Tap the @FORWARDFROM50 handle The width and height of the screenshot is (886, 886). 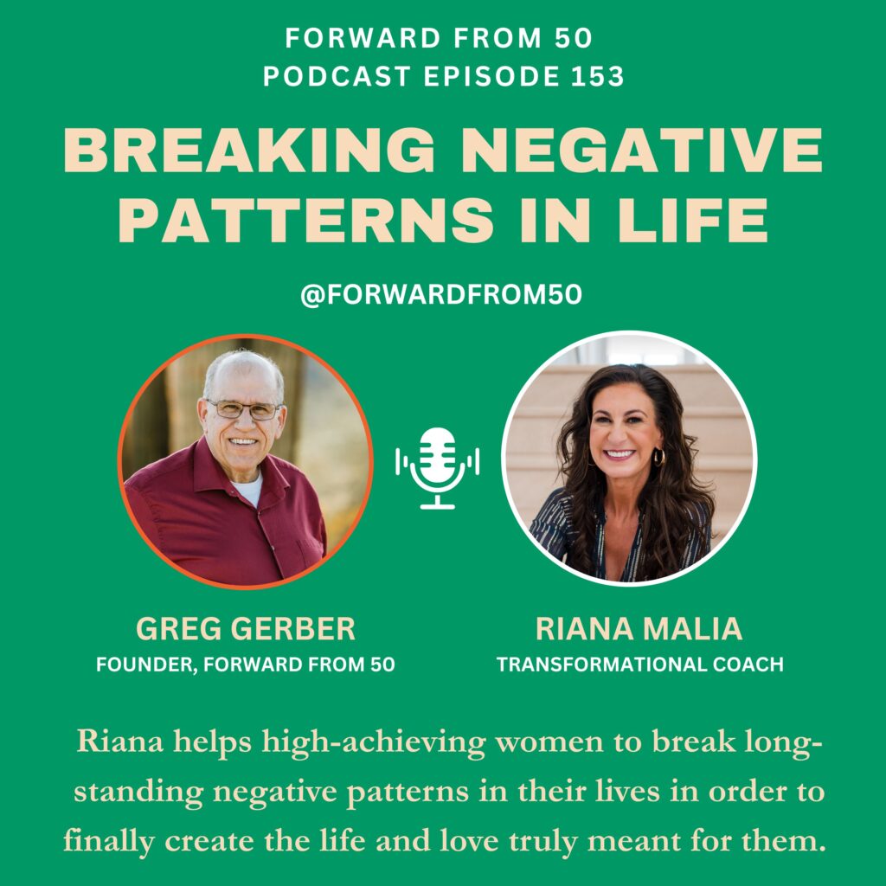[x=441, y=295]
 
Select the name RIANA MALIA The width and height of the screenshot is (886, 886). [x=639, y=629]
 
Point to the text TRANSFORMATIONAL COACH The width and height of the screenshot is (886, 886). [x=639, y=664]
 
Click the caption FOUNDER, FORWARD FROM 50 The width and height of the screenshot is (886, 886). [x=246, y=664]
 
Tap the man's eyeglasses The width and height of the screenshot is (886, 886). [x=243, y=408]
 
